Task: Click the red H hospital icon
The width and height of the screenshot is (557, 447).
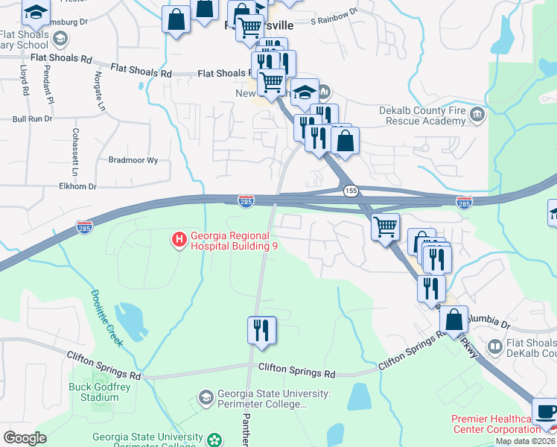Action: coord(179,240)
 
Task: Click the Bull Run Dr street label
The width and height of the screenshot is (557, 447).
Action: coord(32,118)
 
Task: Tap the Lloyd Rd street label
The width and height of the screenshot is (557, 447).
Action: coord(25,80)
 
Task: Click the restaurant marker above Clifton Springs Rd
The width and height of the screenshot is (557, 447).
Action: coord(261,330)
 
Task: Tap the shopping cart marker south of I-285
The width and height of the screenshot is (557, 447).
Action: coord(385,226)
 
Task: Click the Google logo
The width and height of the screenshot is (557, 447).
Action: coord(25,437)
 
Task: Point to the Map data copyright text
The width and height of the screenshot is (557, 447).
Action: coord(524,441)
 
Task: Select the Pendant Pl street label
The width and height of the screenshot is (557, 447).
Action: coord(47,84)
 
